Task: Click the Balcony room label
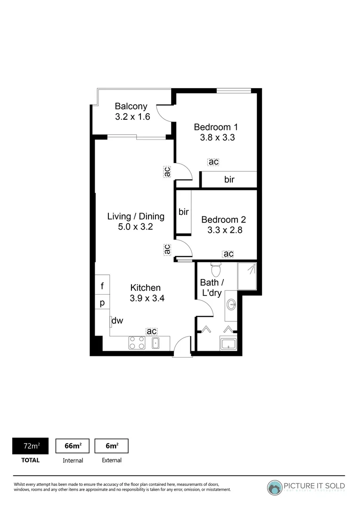tap(131, 107)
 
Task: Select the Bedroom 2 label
tap(223, 220)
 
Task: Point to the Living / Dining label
tap(136, 216)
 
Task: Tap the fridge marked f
tap(102, 286)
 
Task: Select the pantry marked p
tap(102, 302)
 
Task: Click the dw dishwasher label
tap(117, 321)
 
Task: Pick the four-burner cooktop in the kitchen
tap(137, 343)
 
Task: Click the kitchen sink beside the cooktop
tap(155, 343)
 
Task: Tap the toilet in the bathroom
tap(216, 269)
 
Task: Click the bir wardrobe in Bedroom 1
tap(229, 180)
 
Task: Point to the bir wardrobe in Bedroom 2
tap(183, 212)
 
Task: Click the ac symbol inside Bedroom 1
tap(213, 162)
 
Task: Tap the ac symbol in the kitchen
tap(151, 331)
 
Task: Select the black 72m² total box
tap(30, 445)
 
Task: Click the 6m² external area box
tap(111, 445)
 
